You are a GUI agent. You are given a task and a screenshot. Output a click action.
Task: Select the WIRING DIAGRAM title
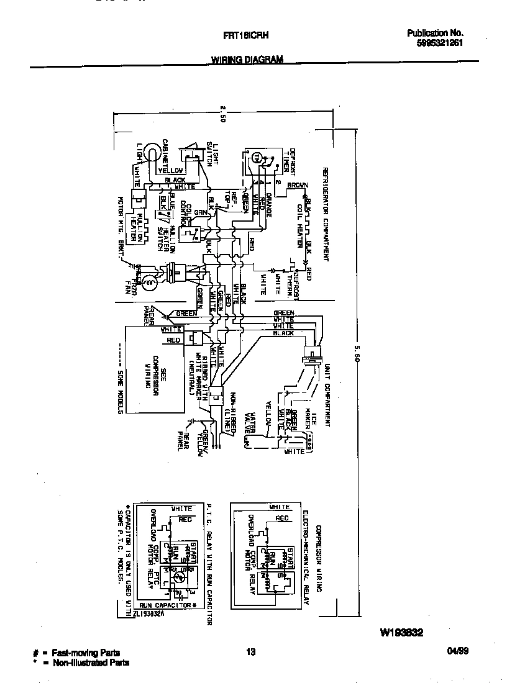coord(247,60)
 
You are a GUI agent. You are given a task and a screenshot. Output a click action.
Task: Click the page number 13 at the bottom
coord(250,652)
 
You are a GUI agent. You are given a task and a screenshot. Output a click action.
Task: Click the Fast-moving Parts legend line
coord(81,653)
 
